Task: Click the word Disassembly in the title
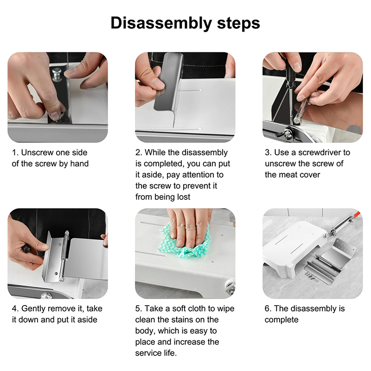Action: tap(161, 23)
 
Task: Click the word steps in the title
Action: tap(238, 24)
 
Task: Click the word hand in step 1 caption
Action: tap(79, 164)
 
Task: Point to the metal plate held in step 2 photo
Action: tap(169, 82)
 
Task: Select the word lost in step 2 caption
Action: tap(184, 197)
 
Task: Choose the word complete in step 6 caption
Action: tap(281, 320)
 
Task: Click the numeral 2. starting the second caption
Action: tap(138, 153)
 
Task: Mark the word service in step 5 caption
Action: tap(148, 353)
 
